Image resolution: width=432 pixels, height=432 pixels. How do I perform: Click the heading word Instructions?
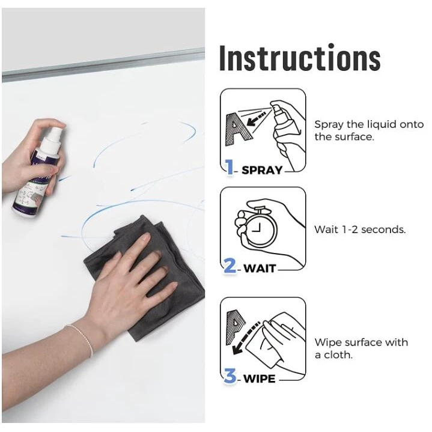point(300,58)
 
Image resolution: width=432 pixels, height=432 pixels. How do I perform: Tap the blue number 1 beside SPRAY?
point(230,167)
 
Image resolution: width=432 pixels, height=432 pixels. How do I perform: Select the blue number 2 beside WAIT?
point(230,266)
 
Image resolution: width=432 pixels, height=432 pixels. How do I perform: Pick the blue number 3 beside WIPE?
point(230,376)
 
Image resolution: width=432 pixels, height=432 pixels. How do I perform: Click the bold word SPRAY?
point(262,170)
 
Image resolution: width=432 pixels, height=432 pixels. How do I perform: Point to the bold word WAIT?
point(260,269)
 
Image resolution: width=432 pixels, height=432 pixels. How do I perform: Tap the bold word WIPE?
point(259,379)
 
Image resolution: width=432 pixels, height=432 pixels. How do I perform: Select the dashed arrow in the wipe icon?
point(245,338)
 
